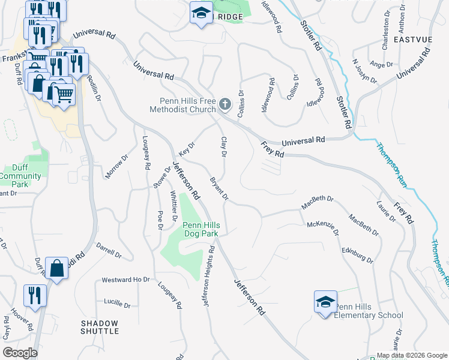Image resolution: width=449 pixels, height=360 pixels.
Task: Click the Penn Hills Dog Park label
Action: (201, 229)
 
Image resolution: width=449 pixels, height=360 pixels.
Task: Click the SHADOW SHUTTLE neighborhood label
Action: (100, 327)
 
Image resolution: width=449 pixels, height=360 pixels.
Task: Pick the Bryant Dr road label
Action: (219, 188)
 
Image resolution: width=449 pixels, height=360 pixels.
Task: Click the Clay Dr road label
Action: (223, 147)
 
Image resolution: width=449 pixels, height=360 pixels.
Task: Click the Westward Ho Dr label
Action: (125, 280)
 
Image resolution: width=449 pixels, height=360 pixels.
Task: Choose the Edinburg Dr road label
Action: (357, 255)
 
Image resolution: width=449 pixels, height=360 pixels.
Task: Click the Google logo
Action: (20, 353)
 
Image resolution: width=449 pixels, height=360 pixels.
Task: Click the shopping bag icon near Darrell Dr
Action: (56, 269)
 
